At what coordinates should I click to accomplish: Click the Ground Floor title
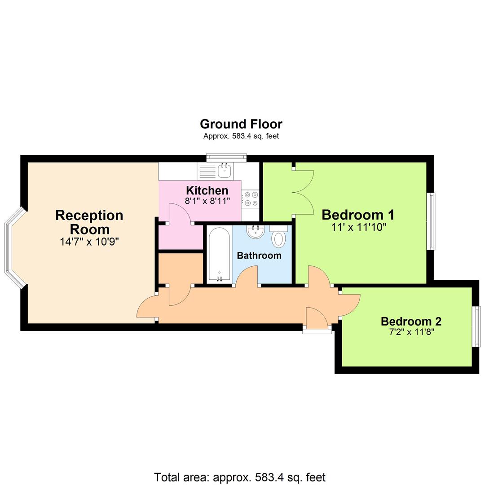(241, 124)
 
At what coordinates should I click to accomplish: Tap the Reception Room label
(89, 222)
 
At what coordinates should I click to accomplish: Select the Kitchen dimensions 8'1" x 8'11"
(207, 201)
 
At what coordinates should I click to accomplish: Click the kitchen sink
(224, 171)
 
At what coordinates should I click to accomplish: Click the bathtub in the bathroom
(219, 255)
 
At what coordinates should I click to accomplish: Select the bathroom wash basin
(255, 232)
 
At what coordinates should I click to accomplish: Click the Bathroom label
(259, 256)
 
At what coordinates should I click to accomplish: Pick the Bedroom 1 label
(358, 215)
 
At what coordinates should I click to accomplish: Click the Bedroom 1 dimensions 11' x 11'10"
(358, 227)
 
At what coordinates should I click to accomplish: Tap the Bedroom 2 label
(411, 322)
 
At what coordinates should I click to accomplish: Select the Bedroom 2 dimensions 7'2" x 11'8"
(411, 332)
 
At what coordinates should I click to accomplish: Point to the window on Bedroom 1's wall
(431, 221)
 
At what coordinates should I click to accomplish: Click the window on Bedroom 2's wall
(477, 326)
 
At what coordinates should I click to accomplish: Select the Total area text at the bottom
(239, 477)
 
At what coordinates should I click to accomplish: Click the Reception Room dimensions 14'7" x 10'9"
(89, 242)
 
